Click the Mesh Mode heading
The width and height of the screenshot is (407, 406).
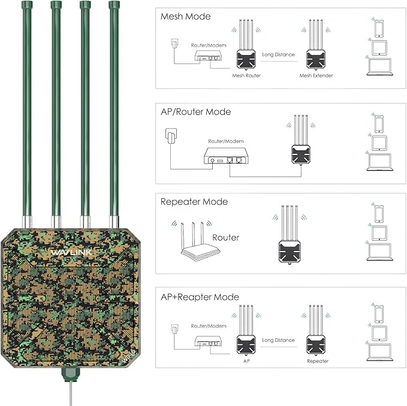[x=185, y=17]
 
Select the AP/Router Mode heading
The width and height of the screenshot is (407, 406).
[x=195, y=112]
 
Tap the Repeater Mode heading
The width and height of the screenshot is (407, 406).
[x=194, y=202]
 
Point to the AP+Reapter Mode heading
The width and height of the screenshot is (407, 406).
[x=200, y=297]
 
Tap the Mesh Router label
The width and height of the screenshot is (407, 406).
[x=246, y=76]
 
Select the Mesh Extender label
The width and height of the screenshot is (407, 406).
[x=316, y=76]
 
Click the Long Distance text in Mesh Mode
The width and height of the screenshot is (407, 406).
[x=279, y=54]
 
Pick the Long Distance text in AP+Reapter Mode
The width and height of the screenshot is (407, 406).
[x=279, y=340]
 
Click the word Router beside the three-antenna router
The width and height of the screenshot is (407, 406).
[x=225, y=238]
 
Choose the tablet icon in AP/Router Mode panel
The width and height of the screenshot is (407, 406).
[x=379, y=143]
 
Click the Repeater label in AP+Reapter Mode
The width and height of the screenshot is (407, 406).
[x=318, y=362]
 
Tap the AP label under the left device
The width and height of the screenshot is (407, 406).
[x=245, y=362]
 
